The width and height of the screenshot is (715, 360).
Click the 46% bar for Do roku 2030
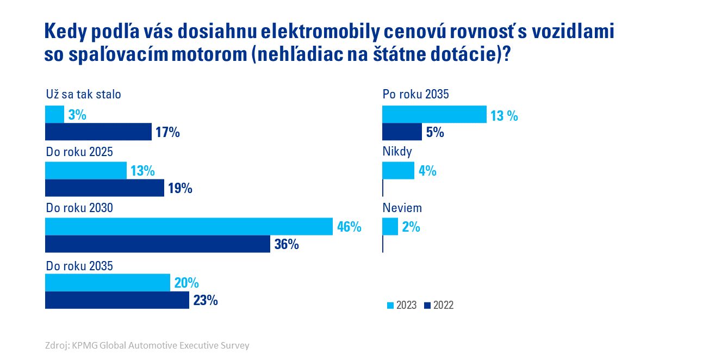[x=189, y=226]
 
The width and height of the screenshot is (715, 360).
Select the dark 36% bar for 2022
[x=158, y=244]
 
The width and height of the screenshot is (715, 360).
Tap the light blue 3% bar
[x=54, y=115]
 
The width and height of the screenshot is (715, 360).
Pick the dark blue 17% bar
[x=98, y=132]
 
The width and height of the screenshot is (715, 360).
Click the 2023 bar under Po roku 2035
[x=434, y=115]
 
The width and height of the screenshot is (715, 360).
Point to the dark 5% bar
[x=402, y=132]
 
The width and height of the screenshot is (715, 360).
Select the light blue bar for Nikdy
[x=399, y=171]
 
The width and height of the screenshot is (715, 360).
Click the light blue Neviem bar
[x=390, y=227]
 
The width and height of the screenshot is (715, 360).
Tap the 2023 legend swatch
[x=390, y=306]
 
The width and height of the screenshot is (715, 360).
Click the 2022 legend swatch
[x=427, y=306]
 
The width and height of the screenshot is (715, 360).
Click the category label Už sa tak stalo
[x=83, y=94]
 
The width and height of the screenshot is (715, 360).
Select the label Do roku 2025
[x=79, y=152]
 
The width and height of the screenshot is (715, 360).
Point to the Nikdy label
[x=397, y=152]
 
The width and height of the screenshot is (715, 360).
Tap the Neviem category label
[x=402, y=208]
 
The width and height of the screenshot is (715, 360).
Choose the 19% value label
[x=180, y=188]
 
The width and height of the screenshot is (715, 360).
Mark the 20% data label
[x=186, y=283]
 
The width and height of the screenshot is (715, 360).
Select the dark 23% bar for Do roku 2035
[x=117, y=300]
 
